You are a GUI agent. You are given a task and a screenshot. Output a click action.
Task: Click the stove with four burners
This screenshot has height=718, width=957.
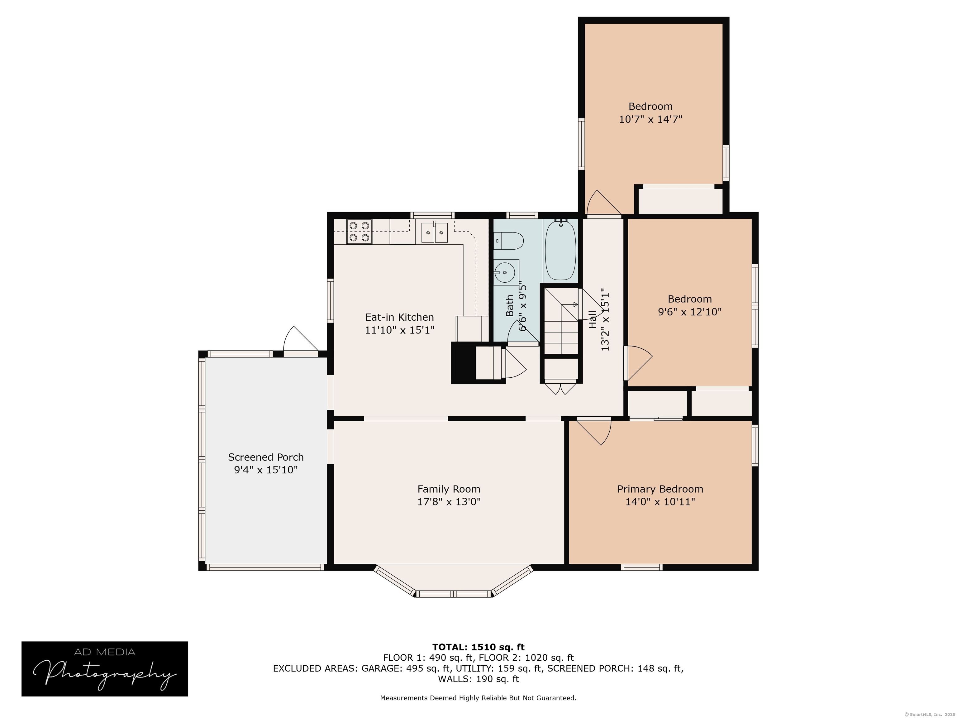pos(359,232)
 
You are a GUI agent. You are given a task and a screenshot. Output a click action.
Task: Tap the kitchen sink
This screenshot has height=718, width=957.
pos(434,233)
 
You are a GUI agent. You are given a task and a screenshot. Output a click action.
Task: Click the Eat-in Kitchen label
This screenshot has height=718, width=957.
pos(399,317)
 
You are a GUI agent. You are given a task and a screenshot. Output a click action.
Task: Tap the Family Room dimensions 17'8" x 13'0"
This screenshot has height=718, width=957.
pos(449,502)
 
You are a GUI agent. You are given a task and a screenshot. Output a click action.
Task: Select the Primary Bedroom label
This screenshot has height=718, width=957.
pos(660,489)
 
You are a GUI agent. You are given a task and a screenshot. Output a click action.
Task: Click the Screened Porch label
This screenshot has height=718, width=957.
pos(266,457)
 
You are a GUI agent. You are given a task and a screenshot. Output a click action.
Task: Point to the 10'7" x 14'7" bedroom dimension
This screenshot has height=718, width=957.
pos(650,119)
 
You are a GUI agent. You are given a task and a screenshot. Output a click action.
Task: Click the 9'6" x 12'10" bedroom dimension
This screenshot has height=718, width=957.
pos(690,312)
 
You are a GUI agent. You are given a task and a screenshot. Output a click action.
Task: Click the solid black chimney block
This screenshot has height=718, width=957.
pos(463,363)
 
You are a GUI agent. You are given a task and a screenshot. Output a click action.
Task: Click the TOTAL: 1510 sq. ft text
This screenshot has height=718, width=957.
pos(478,647)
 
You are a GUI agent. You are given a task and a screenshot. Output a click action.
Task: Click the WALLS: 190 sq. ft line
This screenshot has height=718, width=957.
pos(478,679)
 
